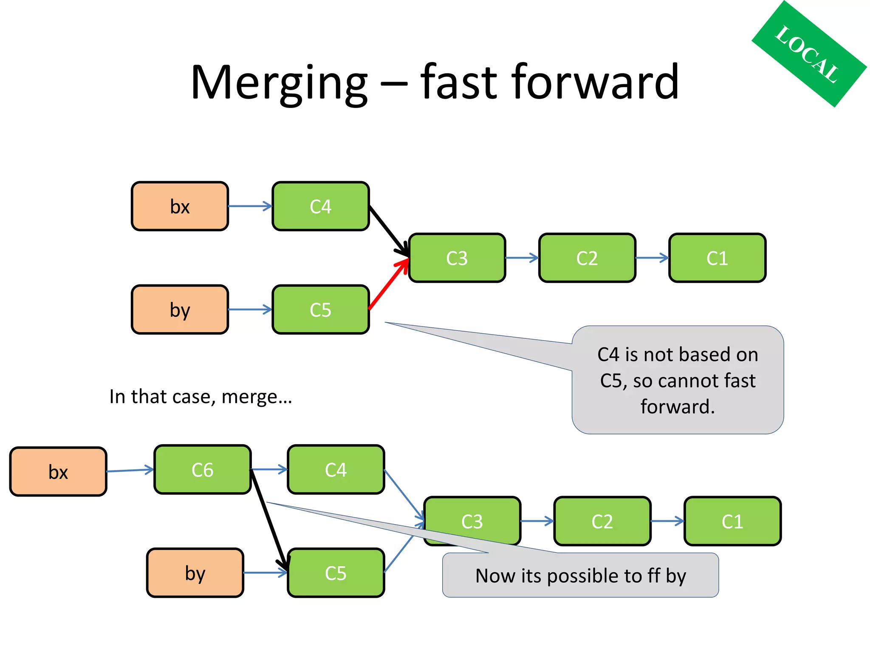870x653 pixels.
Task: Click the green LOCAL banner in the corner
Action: (809, 54)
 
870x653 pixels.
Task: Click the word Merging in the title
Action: (279, 83)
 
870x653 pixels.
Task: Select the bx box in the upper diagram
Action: (180, 207)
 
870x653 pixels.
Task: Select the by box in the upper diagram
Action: (180, 309)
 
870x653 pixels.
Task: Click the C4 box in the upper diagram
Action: (320, 207)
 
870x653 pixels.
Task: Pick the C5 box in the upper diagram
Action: (320, 309)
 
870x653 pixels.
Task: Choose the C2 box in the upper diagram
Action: (587, 258)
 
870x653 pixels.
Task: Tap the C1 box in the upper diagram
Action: (717, 258)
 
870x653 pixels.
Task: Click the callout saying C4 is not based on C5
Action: (677, 380)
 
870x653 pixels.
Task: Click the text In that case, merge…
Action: (201, 397)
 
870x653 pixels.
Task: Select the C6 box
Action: (202, 470)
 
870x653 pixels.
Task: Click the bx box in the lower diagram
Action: (58, 472)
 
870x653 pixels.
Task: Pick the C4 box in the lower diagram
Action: (336, 470)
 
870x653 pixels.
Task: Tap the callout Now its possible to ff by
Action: (580, 576)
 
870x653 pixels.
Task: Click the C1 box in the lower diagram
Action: (732, 521)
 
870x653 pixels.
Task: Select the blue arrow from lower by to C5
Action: (265, 573)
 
